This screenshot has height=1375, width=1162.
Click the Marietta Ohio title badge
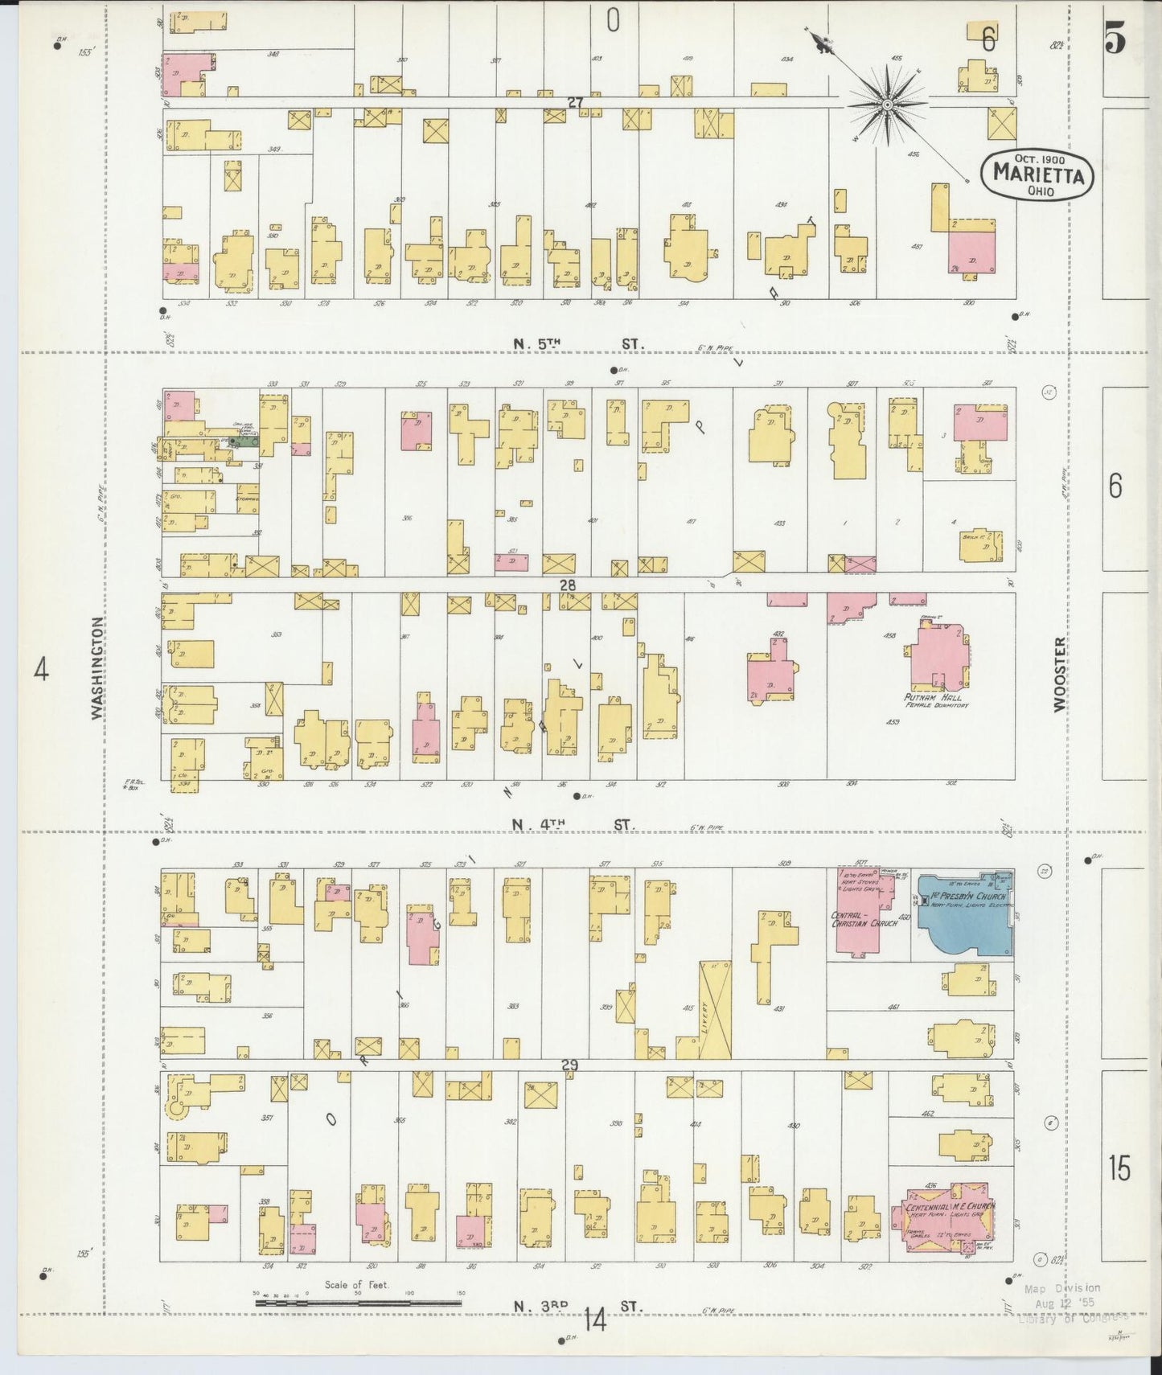(x=1037, y=173)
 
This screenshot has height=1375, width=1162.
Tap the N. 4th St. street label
(x=573, y=825)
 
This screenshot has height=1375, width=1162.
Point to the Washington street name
(x=97, y=667)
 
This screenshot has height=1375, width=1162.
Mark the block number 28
(x=568, y=585)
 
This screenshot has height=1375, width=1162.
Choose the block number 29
(x=569, y=1065)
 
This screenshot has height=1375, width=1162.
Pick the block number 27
(x=574, y=103)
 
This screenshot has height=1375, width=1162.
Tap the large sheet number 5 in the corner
(x=1115, y=39)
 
